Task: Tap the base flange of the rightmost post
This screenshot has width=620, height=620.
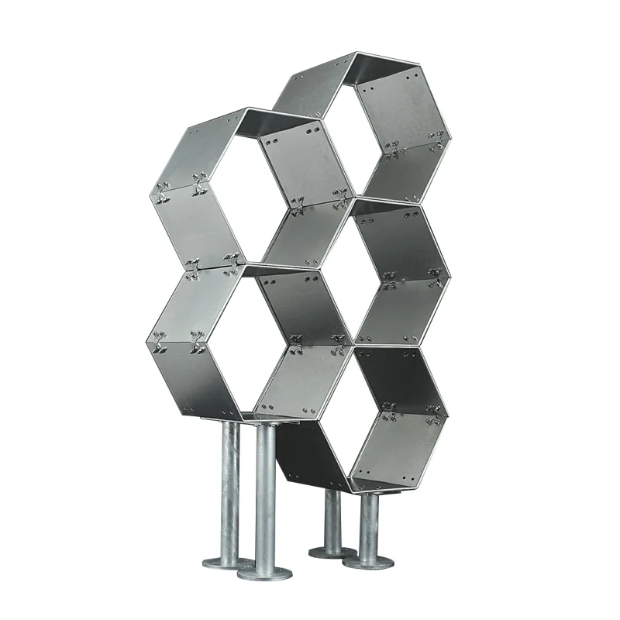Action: (x=369, y=560)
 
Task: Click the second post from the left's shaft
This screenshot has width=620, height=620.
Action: (x=266, y=496)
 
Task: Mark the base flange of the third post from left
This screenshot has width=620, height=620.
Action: (x=332, y=552)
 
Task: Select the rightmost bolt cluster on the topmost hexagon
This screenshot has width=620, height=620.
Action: (x=438, y=139)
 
